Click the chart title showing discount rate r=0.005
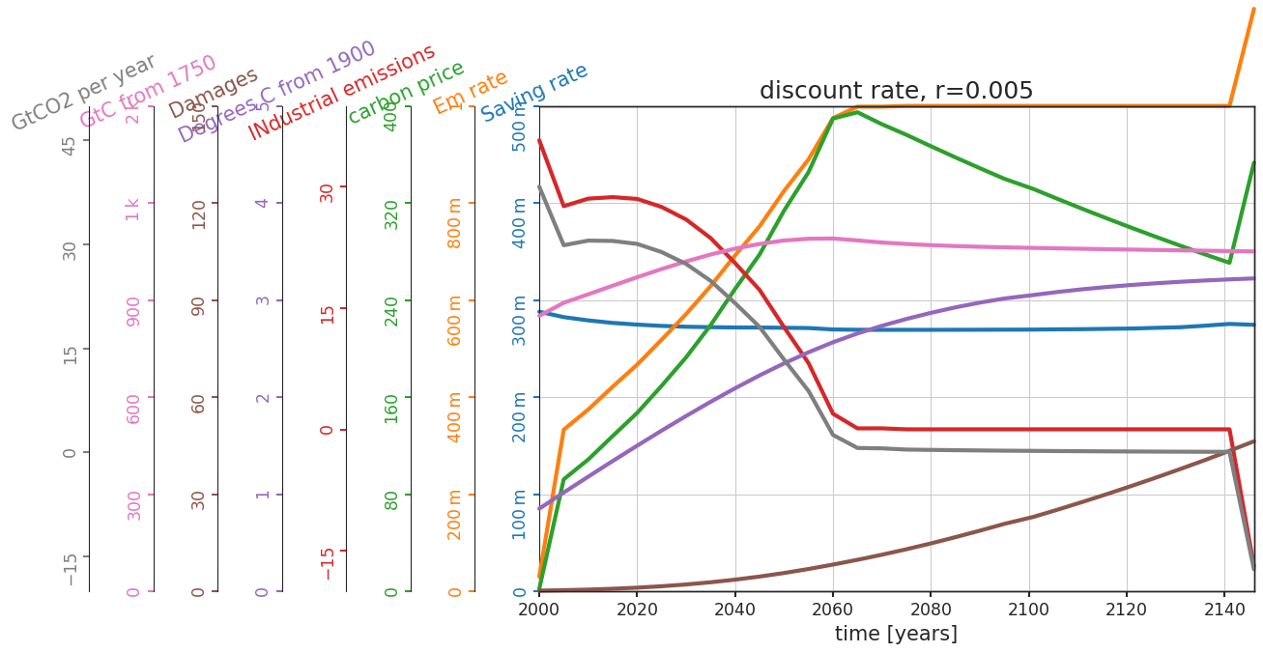pyautogui.click(x=896, y=91)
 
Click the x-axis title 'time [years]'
pyautogui.click(x=896, y=634)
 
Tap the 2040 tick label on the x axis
pyautogui.click(x=734, y=610)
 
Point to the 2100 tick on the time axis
pyautogui.click(x=1028, y=610)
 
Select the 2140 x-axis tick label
pyautogui.click(x=1223, y=610)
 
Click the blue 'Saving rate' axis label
pyautogui.click(x=534, y=92)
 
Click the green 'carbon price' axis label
pyautogui.click(x=406, y=92)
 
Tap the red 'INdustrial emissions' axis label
pyautogui.click(x=341, y=92)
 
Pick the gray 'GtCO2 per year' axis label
pyautogui.click(x=83, y=92)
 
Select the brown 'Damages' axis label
pyautogui.click(x=214, y=93)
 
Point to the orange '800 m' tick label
pyautogui.click(x=455, y=222)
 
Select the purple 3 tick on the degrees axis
pyautogui.click(x=262, y=299)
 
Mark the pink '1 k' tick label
pyautogui.click(x=133, y=209)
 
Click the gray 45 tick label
pyautogui.click(x=70, y=146)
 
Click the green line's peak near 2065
pyautogui.click(x=857, y=112)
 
